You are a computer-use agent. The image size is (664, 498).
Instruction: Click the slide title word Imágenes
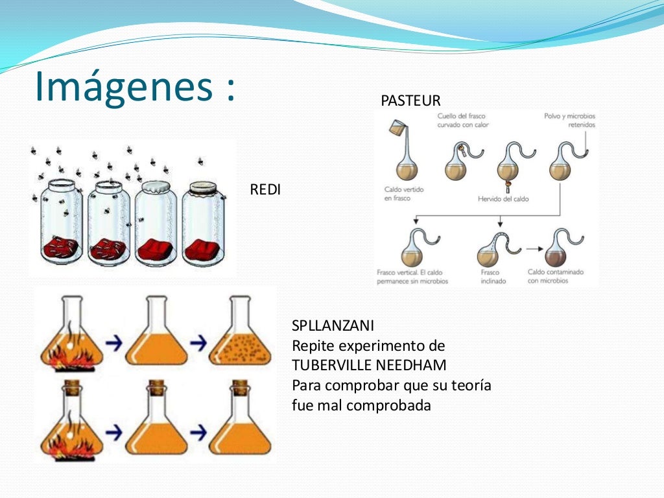(123, 87)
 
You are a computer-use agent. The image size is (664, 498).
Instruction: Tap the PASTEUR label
(410, 101)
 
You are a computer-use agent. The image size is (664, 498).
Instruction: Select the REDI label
(265, 191)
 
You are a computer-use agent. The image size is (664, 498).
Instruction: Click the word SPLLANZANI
(333, 326)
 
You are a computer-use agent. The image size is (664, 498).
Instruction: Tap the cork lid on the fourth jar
(203, 189)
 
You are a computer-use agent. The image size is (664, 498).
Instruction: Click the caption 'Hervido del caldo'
(503, 199)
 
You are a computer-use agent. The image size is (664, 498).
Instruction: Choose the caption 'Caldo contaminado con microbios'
(556, 277)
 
